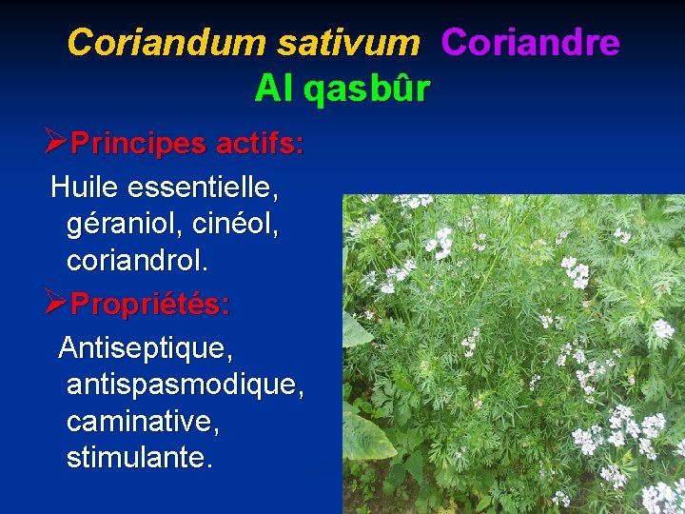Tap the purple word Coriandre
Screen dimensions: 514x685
coord(531,43)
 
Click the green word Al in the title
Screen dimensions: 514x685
coord(274,89)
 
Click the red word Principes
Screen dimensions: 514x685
coord(139,145)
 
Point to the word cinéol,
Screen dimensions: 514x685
coord(236,225)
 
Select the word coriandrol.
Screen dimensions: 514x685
coord(137,260)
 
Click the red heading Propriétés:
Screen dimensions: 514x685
coord(150,305)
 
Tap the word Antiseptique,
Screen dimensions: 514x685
coord(146,347)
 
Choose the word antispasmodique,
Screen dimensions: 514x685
coord(186,385)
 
